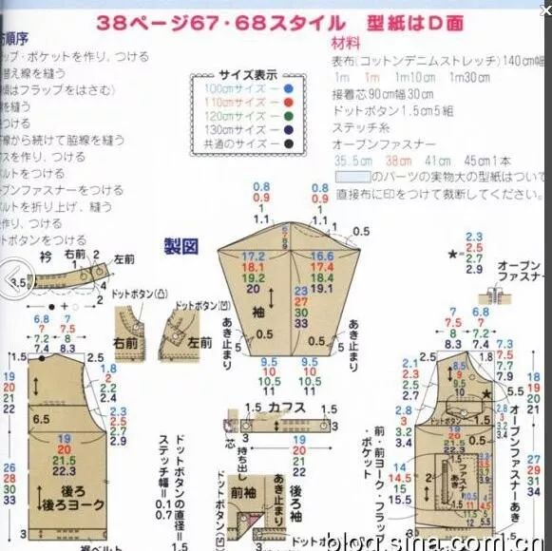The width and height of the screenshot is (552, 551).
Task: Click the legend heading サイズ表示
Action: [248, 74]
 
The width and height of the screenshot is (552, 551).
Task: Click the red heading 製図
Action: [181, 246]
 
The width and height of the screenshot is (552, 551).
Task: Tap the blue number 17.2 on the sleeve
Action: [255, 257]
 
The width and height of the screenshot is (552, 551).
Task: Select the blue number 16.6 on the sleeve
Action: [322, 257]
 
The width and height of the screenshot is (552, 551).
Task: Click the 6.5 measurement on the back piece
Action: [41, 418]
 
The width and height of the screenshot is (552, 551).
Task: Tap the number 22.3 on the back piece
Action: [65, 471]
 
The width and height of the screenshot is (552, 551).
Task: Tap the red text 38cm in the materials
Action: [390, 161]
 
